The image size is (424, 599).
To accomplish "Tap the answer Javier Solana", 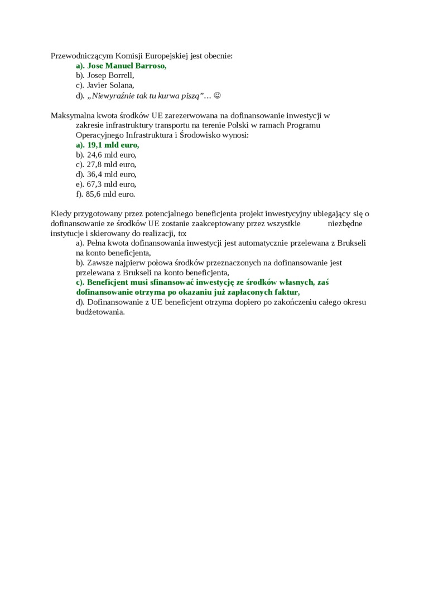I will click(110, 85).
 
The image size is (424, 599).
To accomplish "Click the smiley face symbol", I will click(218, 95).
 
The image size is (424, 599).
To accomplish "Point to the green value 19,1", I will click(96, 145).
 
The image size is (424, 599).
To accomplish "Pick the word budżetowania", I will click(100, 312).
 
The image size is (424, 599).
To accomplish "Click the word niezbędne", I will click(345, 223).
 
